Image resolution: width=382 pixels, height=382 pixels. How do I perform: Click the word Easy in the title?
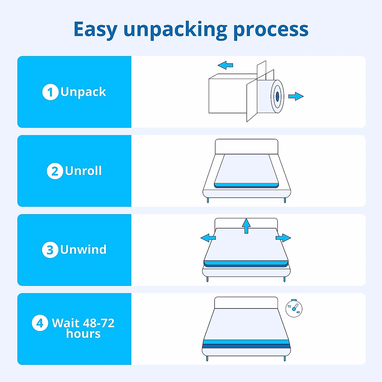tap(95, 30)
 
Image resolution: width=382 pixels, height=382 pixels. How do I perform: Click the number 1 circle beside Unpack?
tap(50, 92)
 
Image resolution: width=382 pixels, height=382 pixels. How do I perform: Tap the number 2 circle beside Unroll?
tap(55, 171)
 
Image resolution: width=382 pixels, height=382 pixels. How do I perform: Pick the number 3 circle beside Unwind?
tap(50, 250)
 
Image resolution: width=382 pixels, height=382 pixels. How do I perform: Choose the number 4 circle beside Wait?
tap(40, 323)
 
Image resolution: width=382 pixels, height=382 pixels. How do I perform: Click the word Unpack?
tap(83, 92)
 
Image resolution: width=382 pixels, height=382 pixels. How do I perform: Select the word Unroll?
tap(83, 171)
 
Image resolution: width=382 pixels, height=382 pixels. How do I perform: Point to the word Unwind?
tap(83, 250)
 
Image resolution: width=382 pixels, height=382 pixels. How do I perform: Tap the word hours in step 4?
tap(83, 334)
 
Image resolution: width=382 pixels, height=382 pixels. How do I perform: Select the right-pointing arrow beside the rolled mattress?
tap(296, 96)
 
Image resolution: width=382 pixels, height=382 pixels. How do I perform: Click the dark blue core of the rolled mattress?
tap(277, 96)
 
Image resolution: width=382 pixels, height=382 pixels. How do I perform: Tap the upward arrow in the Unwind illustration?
tap(246, 226)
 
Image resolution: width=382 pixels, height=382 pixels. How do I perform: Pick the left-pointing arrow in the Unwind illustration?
tap(208, 237)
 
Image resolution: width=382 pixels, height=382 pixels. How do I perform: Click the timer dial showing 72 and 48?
tap(294, 308)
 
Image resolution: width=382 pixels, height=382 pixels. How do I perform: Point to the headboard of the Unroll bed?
tap(246, 146)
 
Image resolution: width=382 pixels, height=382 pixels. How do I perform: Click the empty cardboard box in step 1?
tap(228, 95)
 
